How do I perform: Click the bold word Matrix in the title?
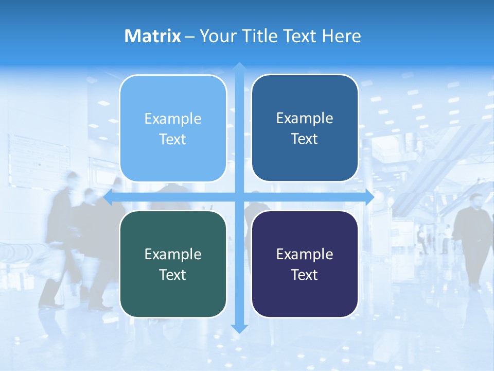(x=153, y=36)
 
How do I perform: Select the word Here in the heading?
(x=342, y=36)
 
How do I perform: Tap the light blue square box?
(x=173, y=128)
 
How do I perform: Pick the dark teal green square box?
(x=173, y=264)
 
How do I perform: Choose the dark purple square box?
(x=305, y=264)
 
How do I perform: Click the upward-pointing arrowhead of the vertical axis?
(x=239, y=66)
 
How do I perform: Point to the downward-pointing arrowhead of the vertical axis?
(x=239, y=329)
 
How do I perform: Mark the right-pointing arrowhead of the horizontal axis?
(x=369, y=197)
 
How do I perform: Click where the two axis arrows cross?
(x=239, y=197)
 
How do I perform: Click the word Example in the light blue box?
(x=173, y=119)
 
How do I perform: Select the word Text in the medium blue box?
(x=305, y=139)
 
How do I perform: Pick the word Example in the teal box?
(x=173, y=255)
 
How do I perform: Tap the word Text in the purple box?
(x=305, y=275)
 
